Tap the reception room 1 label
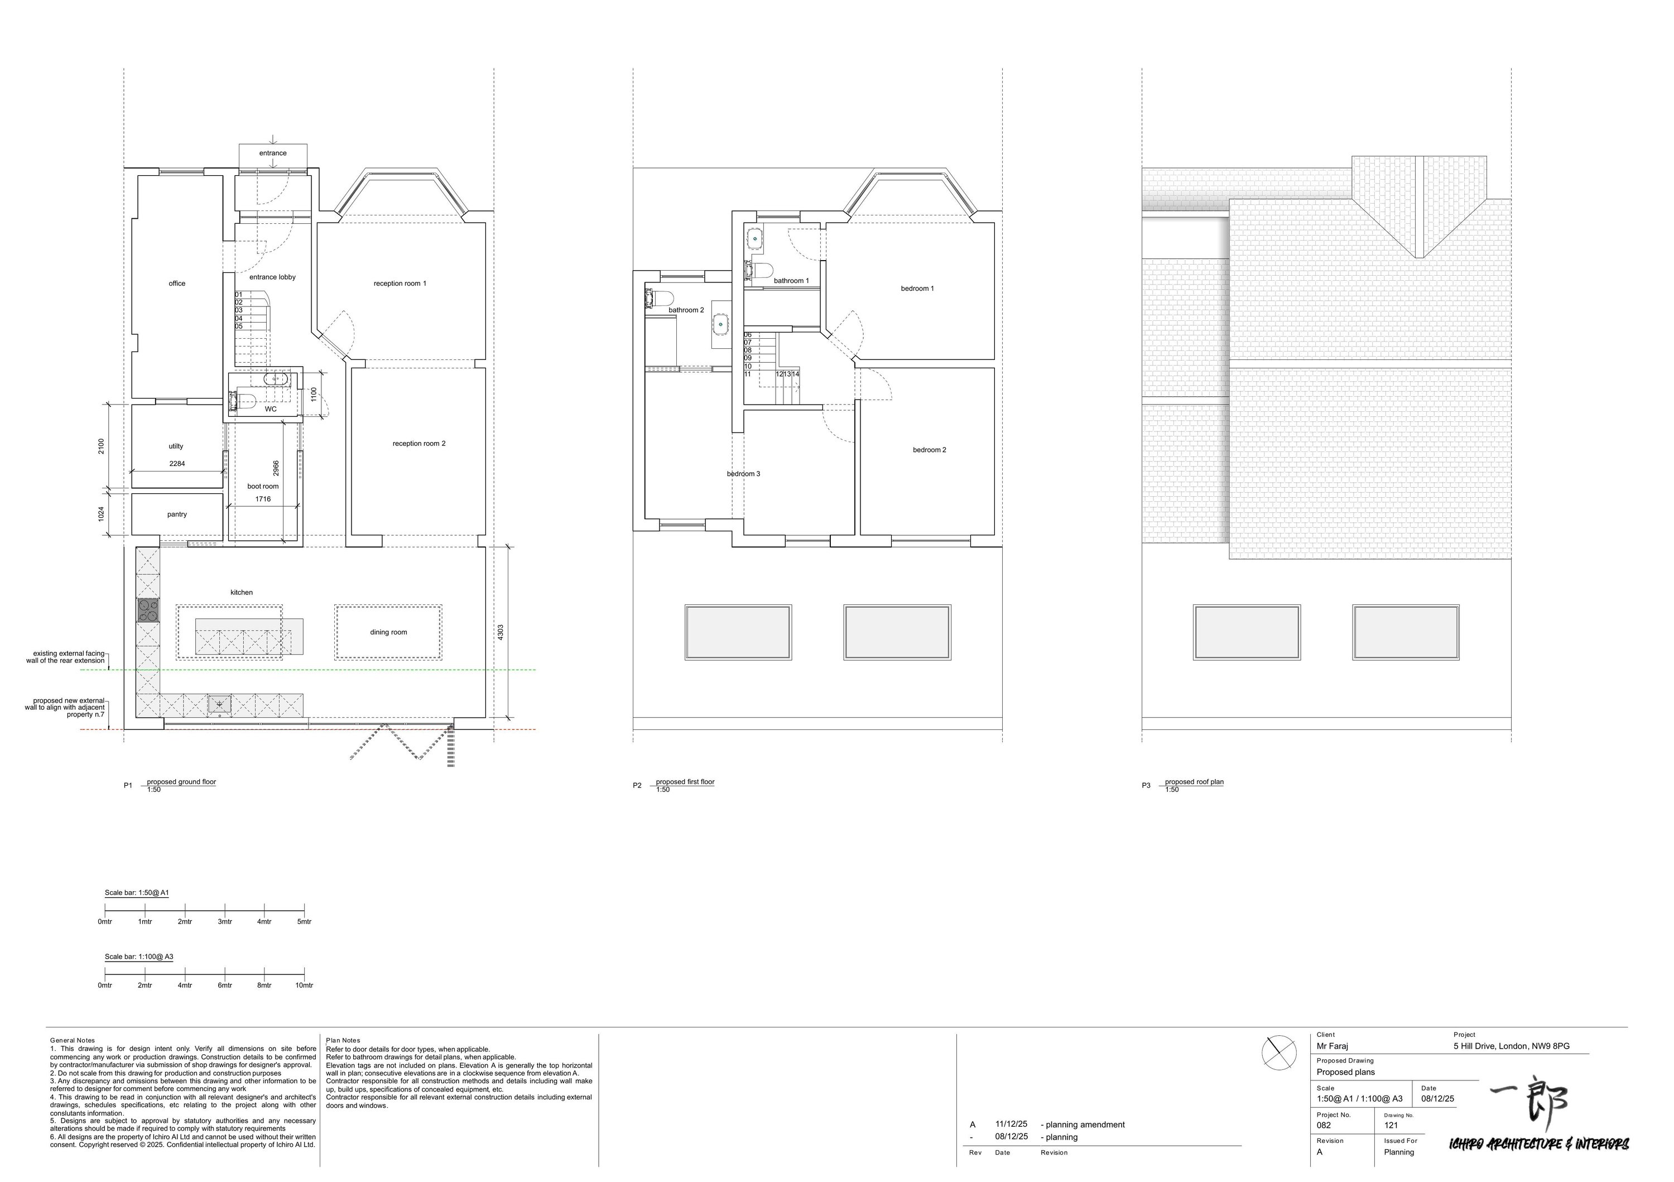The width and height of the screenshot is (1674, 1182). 400,284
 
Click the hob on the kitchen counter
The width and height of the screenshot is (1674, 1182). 148,611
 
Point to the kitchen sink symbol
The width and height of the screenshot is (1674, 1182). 219,704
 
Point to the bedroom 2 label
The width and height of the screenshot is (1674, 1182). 929,450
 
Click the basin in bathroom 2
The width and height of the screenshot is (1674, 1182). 721,323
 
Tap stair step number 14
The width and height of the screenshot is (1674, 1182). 796,374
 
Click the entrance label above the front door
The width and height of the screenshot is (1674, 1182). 273,153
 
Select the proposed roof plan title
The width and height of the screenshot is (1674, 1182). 1194,782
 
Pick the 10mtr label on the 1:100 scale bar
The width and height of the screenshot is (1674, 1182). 304,986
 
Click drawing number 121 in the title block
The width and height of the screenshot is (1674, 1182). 1391,1125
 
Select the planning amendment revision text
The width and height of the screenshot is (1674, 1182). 1085,1125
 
